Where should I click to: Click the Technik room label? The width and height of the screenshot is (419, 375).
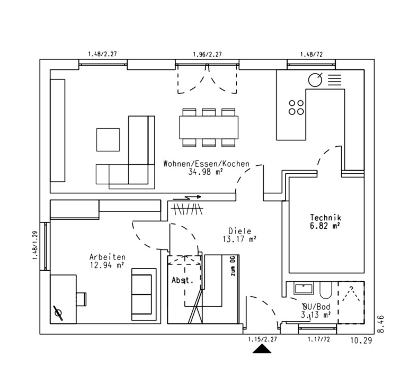pyautogui.click(x=325, y=217)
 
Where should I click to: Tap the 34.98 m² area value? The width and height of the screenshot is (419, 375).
pyautogui.click(x=205, y=172)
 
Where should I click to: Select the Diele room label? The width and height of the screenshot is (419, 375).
pyautogui.click(x=240, y=231)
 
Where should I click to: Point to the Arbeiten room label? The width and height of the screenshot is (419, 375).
pyautogui.click(x=108, y=257)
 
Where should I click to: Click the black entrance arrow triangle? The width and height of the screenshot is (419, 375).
pyautogui.click(x=262, y=349)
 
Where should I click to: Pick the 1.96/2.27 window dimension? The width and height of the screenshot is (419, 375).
pyautogui.click(x=207, y=54)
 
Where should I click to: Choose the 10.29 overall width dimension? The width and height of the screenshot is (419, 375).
pyautogui.click(x=361, y=341)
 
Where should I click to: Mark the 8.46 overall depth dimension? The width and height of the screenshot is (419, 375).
pyautogui.click(x=380, y=324)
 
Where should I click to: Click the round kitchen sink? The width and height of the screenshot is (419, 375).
pyautogui.click(x=315, y=79)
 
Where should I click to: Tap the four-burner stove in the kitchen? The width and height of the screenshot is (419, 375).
pyautogui.click(x=296, y=107)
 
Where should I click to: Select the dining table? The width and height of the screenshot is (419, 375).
pyautogui.click(x=209, y=127)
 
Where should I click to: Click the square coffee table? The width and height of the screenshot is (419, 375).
pyautogui.click(x=108, y=140)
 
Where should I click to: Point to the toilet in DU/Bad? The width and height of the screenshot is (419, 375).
pyautogui.click(x=326, y=290)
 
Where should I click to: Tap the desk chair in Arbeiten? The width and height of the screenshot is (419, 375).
pyautogui.click(x=81, y=299)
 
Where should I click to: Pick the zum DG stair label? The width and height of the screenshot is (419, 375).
pyautogui.click(x=233, y=266)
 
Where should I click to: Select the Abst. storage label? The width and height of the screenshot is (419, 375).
pyautogui.click(x=182, y=280)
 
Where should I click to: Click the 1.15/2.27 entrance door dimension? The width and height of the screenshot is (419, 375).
pyautogui.click(x=262, y=339)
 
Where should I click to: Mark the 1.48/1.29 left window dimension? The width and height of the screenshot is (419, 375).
pyautogui.click(x=35, y=245)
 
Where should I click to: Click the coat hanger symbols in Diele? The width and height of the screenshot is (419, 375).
pyautogui.click(x=187, y=209)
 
